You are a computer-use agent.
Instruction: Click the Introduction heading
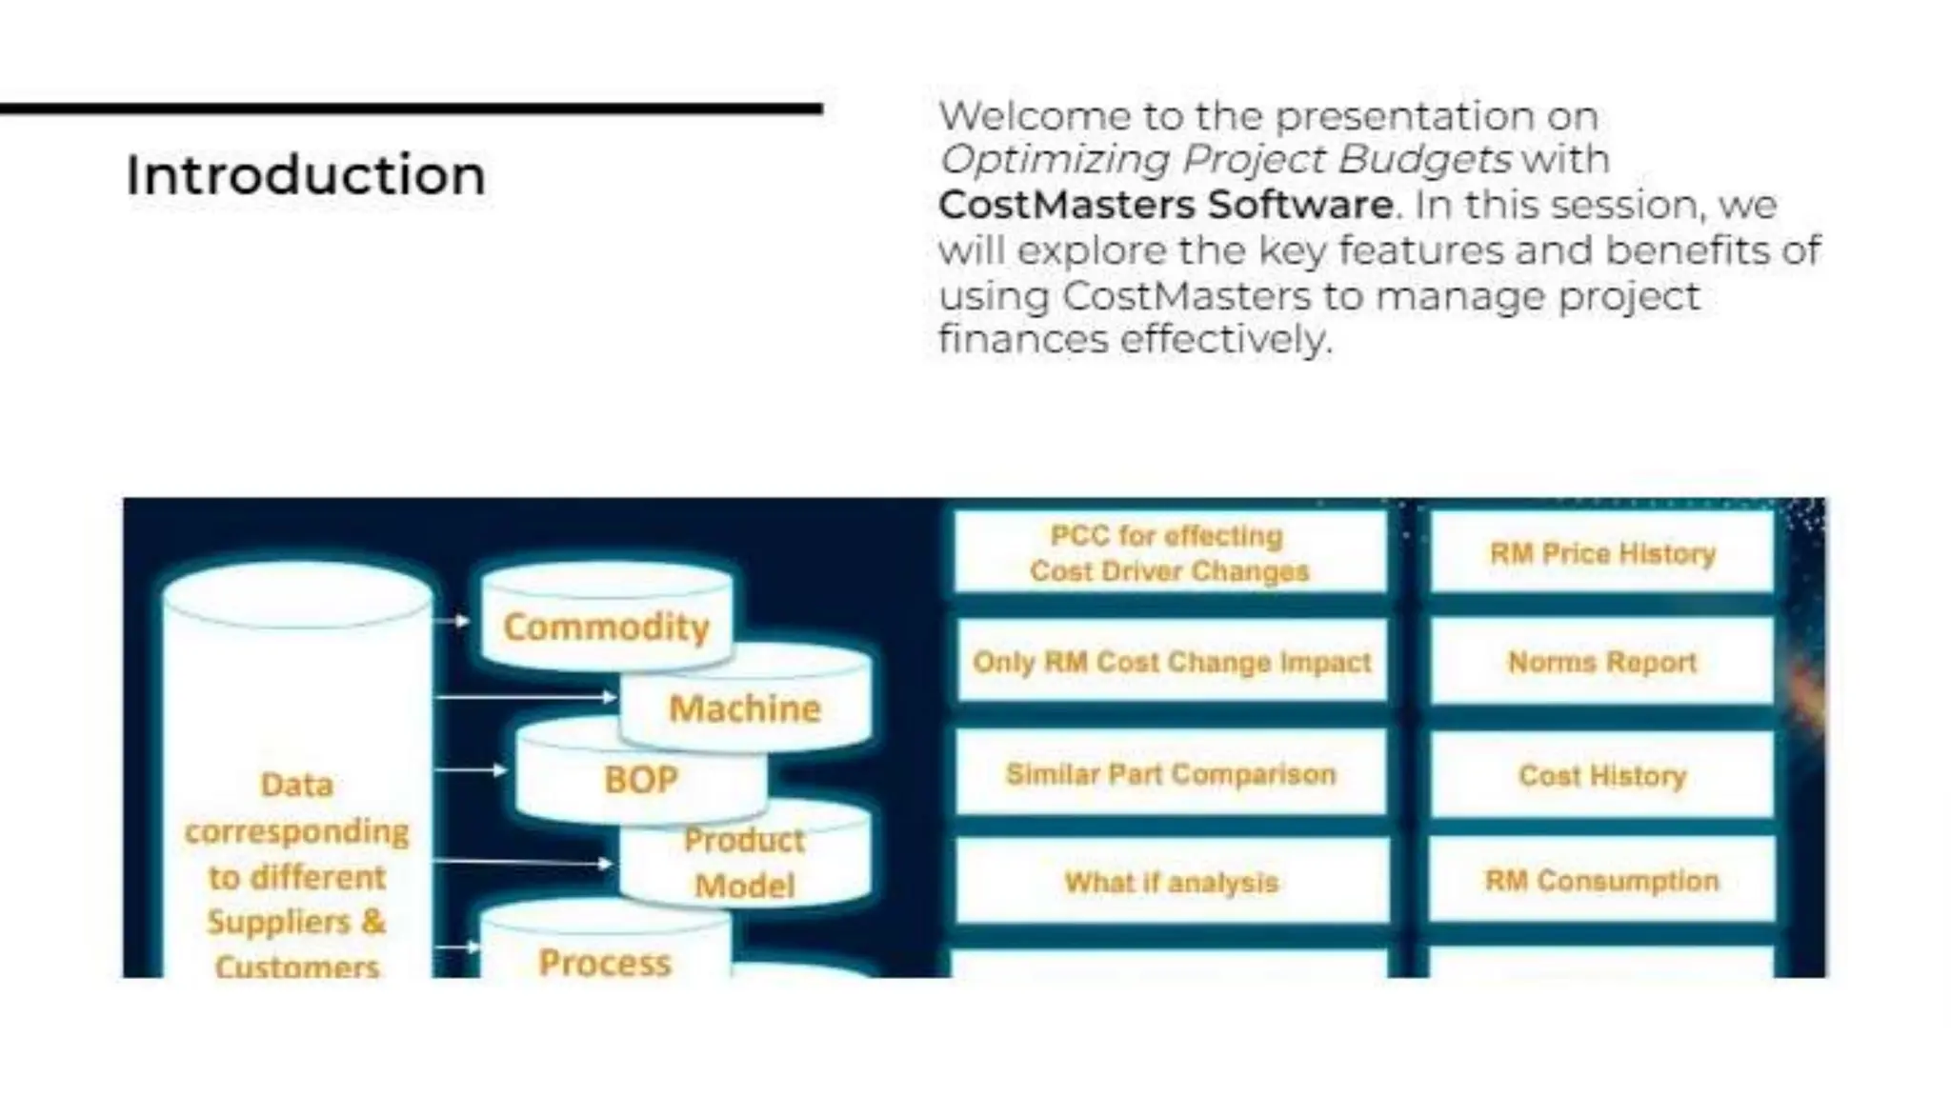coord(305,176)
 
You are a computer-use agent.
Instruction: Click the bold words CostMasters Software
coord(1165,205)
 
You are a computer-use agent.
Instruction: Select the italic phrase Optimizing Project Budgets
coord(1224,159)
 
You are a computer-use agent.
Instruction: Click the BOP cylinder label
coord(640,780)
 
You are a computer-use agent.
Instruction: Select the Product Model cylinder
coord(745,863)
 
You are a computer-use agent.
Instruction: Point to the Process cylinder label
coord(604,962)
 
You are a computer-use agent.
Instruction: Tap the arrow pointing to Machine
coord(524,697)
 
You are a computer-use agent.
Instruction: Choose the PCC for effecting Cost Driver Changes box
coord(1170,553)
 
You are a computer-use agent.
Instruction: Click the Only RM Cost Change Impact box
coord(1171,662)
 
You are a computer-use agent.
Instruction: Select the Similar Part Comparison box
coord(1171,774)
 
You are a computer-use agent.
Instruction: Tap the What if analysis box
coord(1171,883)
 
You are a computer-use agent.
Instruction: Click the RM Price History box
coord(1602,553)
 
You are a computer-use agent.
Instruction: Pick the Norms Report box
coord(1602,662)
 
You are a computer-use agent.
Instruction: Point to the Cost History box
coord(1602,775)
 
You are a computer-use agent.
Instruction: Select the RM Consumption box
coord(1602,881)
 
